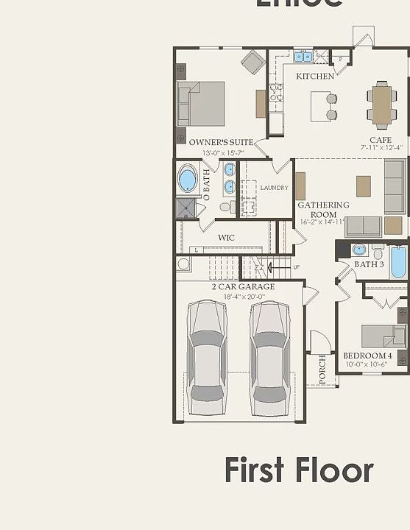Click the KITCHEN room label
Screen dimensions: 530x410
[x=315, y=76]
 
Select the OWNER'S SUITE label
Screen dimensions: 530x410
[x=221, y=142]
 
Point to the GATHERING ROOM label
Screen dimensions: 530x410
[x=323, y=210]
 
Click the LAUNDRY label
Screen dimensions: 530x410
[x=274, y=188]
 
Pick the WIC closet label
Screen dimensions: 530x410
[x=226, y=238]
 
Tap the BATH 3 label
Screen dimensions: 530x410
[x=369, y=264]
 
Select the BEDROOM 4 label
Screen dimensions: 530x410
[x=367, y=356]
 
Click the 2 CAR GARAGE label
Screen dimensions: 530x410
[x=243, y=286]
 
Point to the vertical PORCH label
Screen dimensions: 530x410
[x=322, y=370]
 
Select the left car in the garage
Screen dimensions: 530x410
[x=207, y=356]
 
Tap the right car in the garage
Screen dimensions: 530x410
[x=269, y=356]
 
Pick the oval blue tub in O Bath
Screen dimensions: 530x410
[x=188, y=180]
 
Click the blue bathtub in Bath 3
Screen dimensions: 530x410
[x=398, y=262]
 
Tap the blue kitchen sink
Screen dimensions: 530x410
[x=303, y=56]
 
